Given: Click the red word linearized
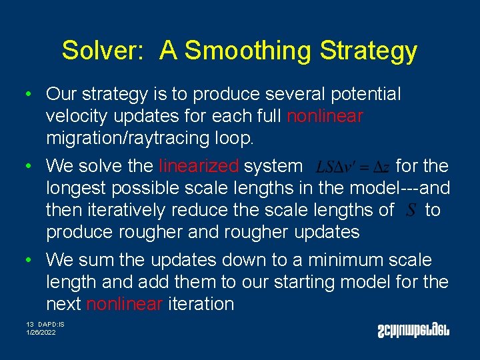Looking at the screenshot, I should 199,165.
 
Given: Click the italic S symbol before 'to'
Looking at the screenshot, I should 411,211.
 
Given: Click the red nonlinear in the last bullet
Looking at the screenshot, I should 124,305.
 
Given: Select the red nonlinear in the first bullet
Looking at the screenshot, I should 325,117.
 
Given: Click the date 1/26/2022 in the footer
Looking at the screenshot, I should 41,332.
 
